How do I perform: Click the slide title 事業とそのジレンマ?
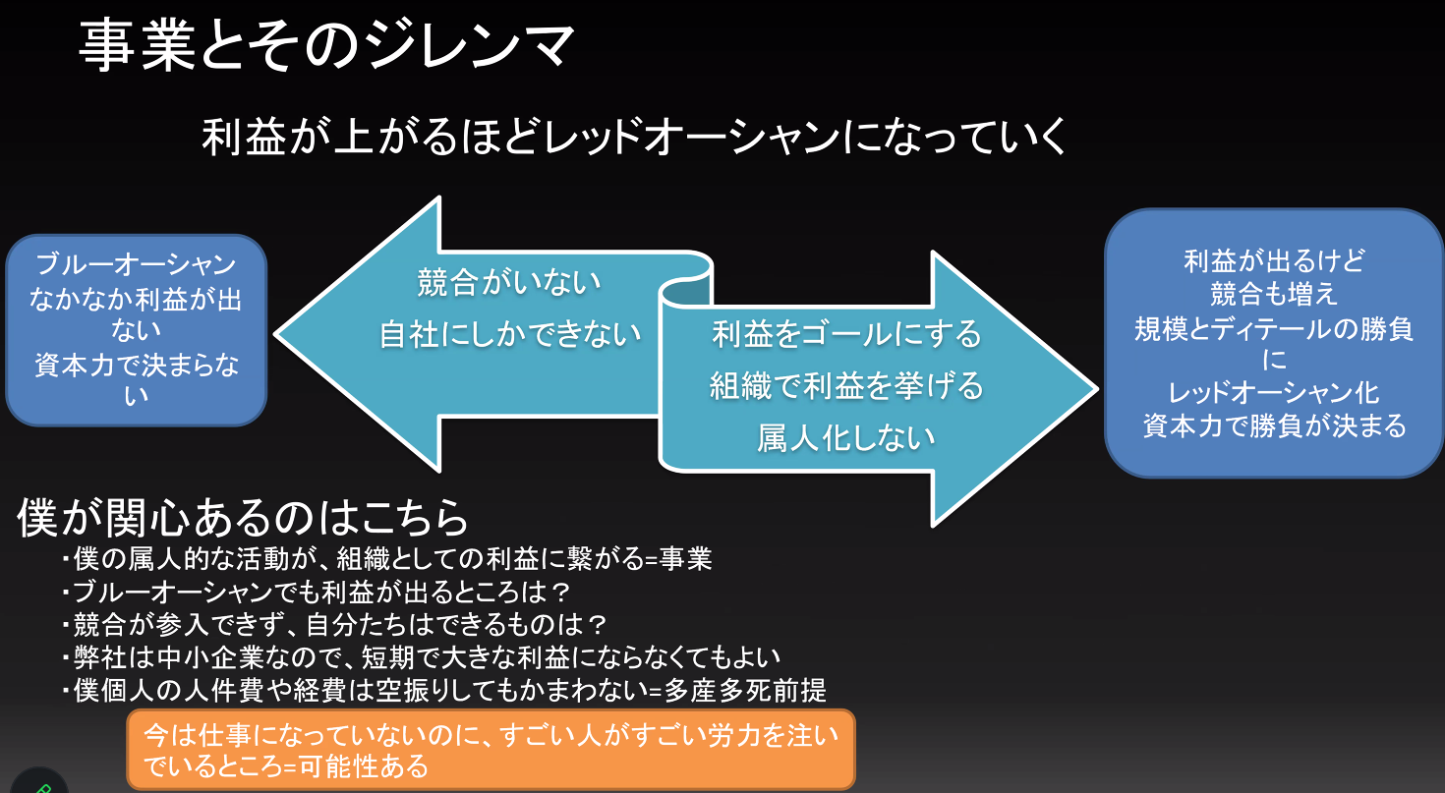pyautogui.click(x=325, y=47)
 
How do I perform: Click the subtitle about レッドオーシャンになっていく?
pyautogui.click(x=634, y=138)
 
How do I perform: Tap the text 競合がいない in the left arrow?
pyautogui.click(x=509, y=283)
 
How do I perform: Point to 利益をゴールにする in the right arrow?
pyautogui.click(x=846, y=334)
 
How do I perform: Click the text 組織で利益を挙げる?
pyautogui.click(x=846, y=386)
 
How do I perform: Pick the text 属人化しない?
pyautogui.click(x=845, y=438)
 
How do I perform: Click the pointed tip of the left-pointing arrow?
pyautogui.click(x=280, y=334)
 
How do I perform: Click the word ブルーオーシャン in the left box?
pyautogui.click(x=136, y=264)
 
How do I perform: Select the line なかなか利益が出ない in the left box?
pyautogui.click(x=136, y=313)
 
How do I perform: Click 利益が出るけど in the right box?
pyautogui.click(x=1275, y=261)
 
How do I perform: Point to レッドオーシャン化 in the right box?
pyautogui.click(x=1275, y=393)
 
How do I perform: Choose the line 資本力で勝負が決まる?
pyautogui.click(x=1275, y=425)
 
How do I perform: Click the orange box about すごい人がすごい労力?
pyautogui.click(x=491, y=749)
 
